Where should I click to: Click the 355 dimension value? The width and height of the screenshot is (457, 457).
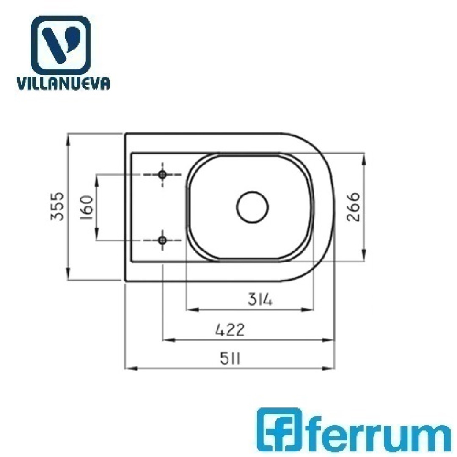(x=58, y=206)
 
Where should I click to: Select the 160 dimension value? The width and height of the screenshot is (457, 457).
(x=87, y=208)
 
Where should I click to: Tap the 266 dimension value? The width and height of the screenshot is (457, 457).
(x=353, y=206)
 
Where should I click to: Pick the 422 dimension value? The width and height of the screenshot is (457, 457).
(x=230, y=330)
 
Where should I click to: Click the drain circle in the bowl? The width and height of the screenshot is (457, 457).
(x=252, y=207)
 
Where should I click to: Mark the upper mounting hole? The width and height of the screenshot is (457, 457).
(x=162, y=175)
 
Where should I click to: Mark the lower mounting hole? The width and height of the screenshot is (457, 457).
(x=162, y=240)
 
